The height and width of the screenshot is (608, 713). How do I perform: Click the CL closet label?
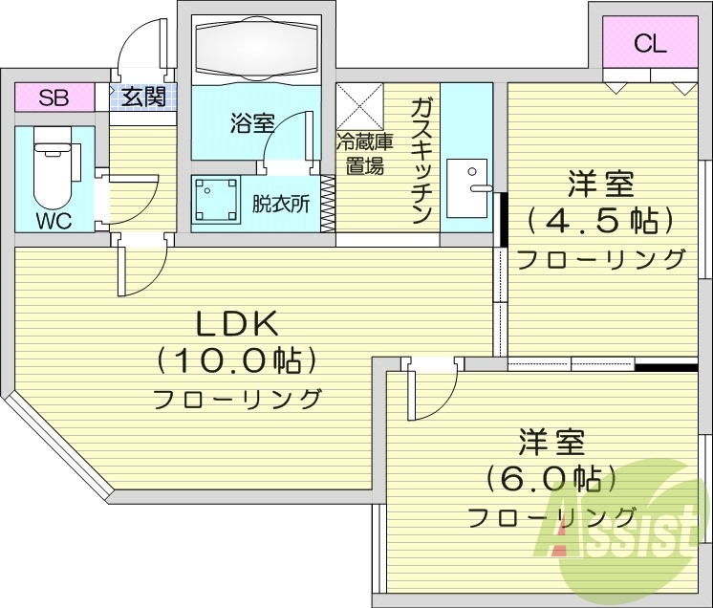point(650,43)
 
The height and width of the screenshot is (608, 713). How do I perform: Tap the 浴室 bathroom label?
point(252,122)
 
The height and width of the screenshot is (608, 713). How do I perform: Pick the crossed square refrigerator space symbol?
point(358,107)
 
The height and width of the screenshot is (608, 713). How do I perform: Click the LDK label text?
point(237,324)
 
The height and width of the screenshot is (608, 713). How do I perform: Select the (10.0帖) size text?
point(236,360)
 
